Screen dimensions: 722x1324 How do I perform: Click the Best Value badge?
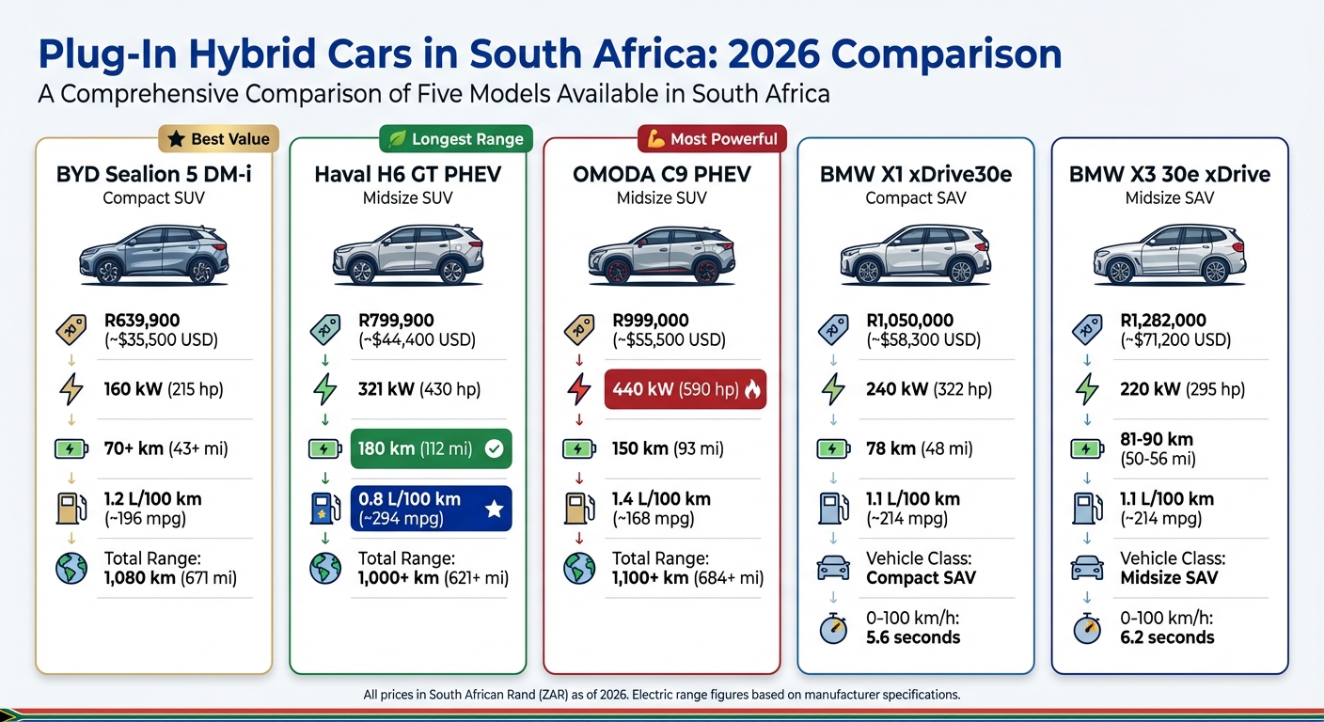[x=219, y=139]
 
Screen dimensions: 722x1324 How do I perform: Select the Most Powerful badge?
[x=712, y=139]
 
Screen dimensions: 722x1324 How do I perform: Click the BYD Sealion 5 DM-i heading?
[x=154, y=175]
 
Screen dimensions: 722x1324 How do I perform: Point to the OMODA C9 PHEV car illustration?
[x=661, y=255]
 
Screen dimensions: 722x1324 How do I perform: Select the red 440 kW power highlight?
[x=686, y=388]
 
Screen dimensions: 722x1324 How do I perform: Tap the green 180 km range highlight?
[x=431, y=448]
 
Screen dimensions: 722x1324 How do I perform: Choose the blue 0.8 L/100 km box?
[x=431, y=509]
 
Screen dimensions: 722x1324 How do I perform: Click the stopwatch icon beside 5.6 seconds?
[x=833, y=627]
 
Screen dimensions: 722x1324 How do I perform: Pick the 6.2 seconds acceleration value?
[x=1167, y=637]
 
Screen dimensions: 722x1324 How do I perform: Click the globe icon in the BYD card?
[x=71, y=568]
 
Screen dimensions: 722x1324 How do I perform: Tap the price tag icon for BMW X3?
[x=1087, y=329]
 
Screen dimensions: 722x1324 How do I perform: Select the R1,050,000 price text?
[x=909, y=321]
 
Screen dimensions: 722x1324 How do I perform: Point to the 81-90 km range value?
[x=1157, y=439]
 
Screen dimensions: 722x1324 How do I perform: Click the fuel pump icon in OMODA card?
[x=578, y=508]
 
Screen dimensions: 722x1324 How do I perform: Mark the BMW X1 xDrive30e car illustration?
[x=915, y=255]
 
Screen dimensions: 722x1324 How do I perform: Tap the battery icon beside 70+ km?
[x=71, y=448]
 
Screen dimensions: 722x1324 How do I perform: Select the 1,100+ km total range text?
[x=650, y=577]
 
